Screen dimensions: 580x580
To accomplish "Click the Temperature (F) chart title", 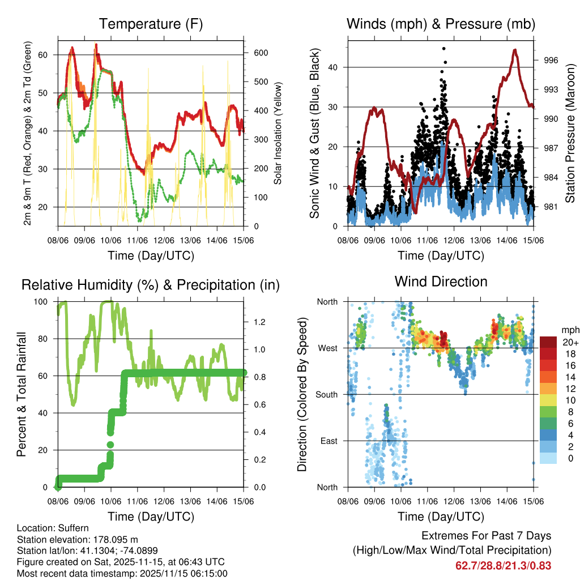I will pyautogui.click(x=150, y=24).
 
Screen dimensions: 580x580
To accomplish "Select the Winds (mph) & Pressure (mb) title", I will pyautogui.click(x=441, y=24).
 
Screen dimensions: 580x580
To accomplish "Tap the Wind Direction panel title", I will pyautogui.click(x=441, y=282).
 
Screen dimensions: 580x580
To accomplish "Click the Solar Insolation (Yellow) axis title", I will pyautogui.click(x=278, y=134).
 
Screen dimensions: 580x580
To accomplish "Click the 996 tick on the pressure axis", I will pyautogui.click(x=551, y=60).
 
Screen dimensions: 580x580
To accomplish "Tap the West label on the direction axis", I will pyautogui.click(x=327, y=348).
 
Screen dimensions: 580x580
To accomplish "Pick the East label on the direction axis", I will pyautogui.click(x=328, y=441).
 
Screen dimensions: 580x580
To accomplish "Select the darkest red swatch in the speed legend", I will pyautogui.click(x=548, y=342).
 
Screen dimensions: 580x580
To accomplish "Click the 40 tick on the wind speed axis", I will pyautogui.click(x=335, y=67).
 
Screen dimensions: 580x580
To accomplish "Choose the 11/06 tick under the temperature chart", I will pyautogui.click(x=137, y=241).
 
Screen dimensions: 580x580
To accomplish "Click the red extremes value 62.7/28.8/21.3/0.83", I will pyautogui.click(x=504, y=565).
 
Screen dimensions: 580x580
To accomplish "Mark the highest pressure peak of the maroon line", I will pyautogui.click(x=514, y=50).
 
